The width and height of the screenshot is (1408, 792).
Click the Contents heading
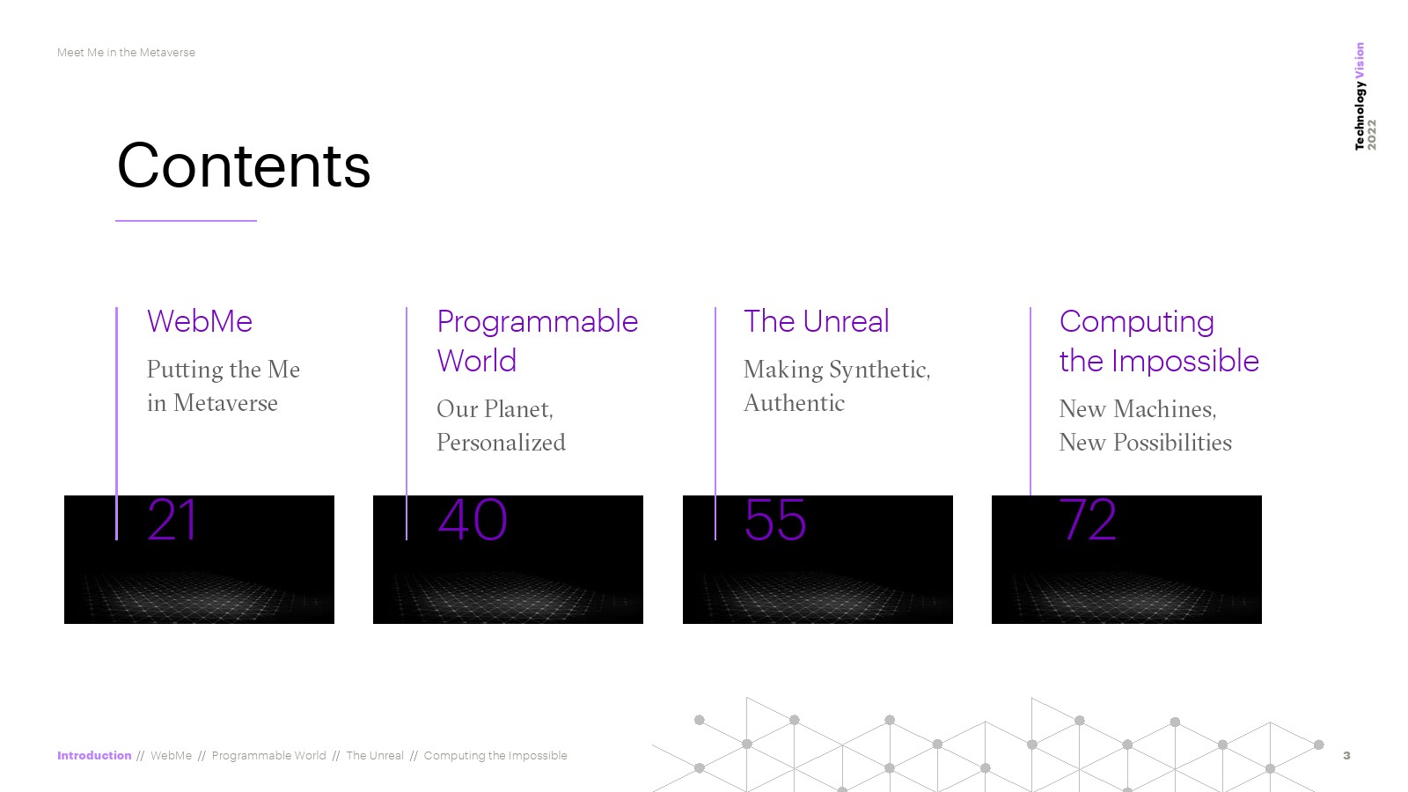coord(243,165)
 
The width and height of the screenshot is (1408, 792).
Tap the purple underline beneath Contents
coord(186,221)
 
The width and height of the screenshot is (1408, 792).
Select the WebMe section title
coord(199,321)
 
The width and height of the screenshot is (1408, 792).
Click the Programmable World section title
coord(538,341)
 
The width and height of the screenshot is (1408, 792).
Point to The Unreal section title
coord(816,321)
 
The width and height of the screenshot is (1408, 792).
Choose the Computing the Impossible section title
coord(1159,341)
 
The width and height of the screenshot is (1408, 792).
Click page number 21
coord(172,520)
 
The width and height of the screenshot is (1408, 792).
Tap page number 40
coord(472,520)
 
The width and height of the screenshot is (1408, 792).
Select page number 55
coord(775,520)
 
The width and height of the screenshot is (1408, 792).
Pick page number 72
coord(1088,520)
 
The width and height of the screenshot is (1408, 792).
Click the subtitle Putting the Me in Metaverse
coord(224,386)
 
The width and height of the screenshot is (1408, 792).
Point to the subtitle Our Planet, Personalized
coord(501,426)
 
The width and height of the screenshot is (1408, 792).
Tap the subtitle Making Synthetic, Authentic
coord(837,386)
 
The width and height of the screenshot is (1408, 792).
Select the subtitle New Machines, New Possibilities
coord(1145,426)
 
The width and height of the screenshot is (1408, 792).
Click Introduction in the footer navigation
coord(94,756)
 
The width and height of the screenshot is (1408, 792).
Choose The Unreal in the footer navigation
coord(375,756)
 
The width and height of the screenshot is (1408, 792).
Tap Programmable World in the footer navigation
coord(268,756)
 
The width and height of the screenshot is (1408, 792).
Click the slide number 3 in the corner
coord(1346,756)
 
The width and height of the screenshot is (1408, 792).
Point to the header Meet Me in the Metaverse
coord(126,53)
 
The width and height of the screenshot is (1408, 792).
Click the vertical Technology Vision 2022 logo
coord(1365,96)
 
